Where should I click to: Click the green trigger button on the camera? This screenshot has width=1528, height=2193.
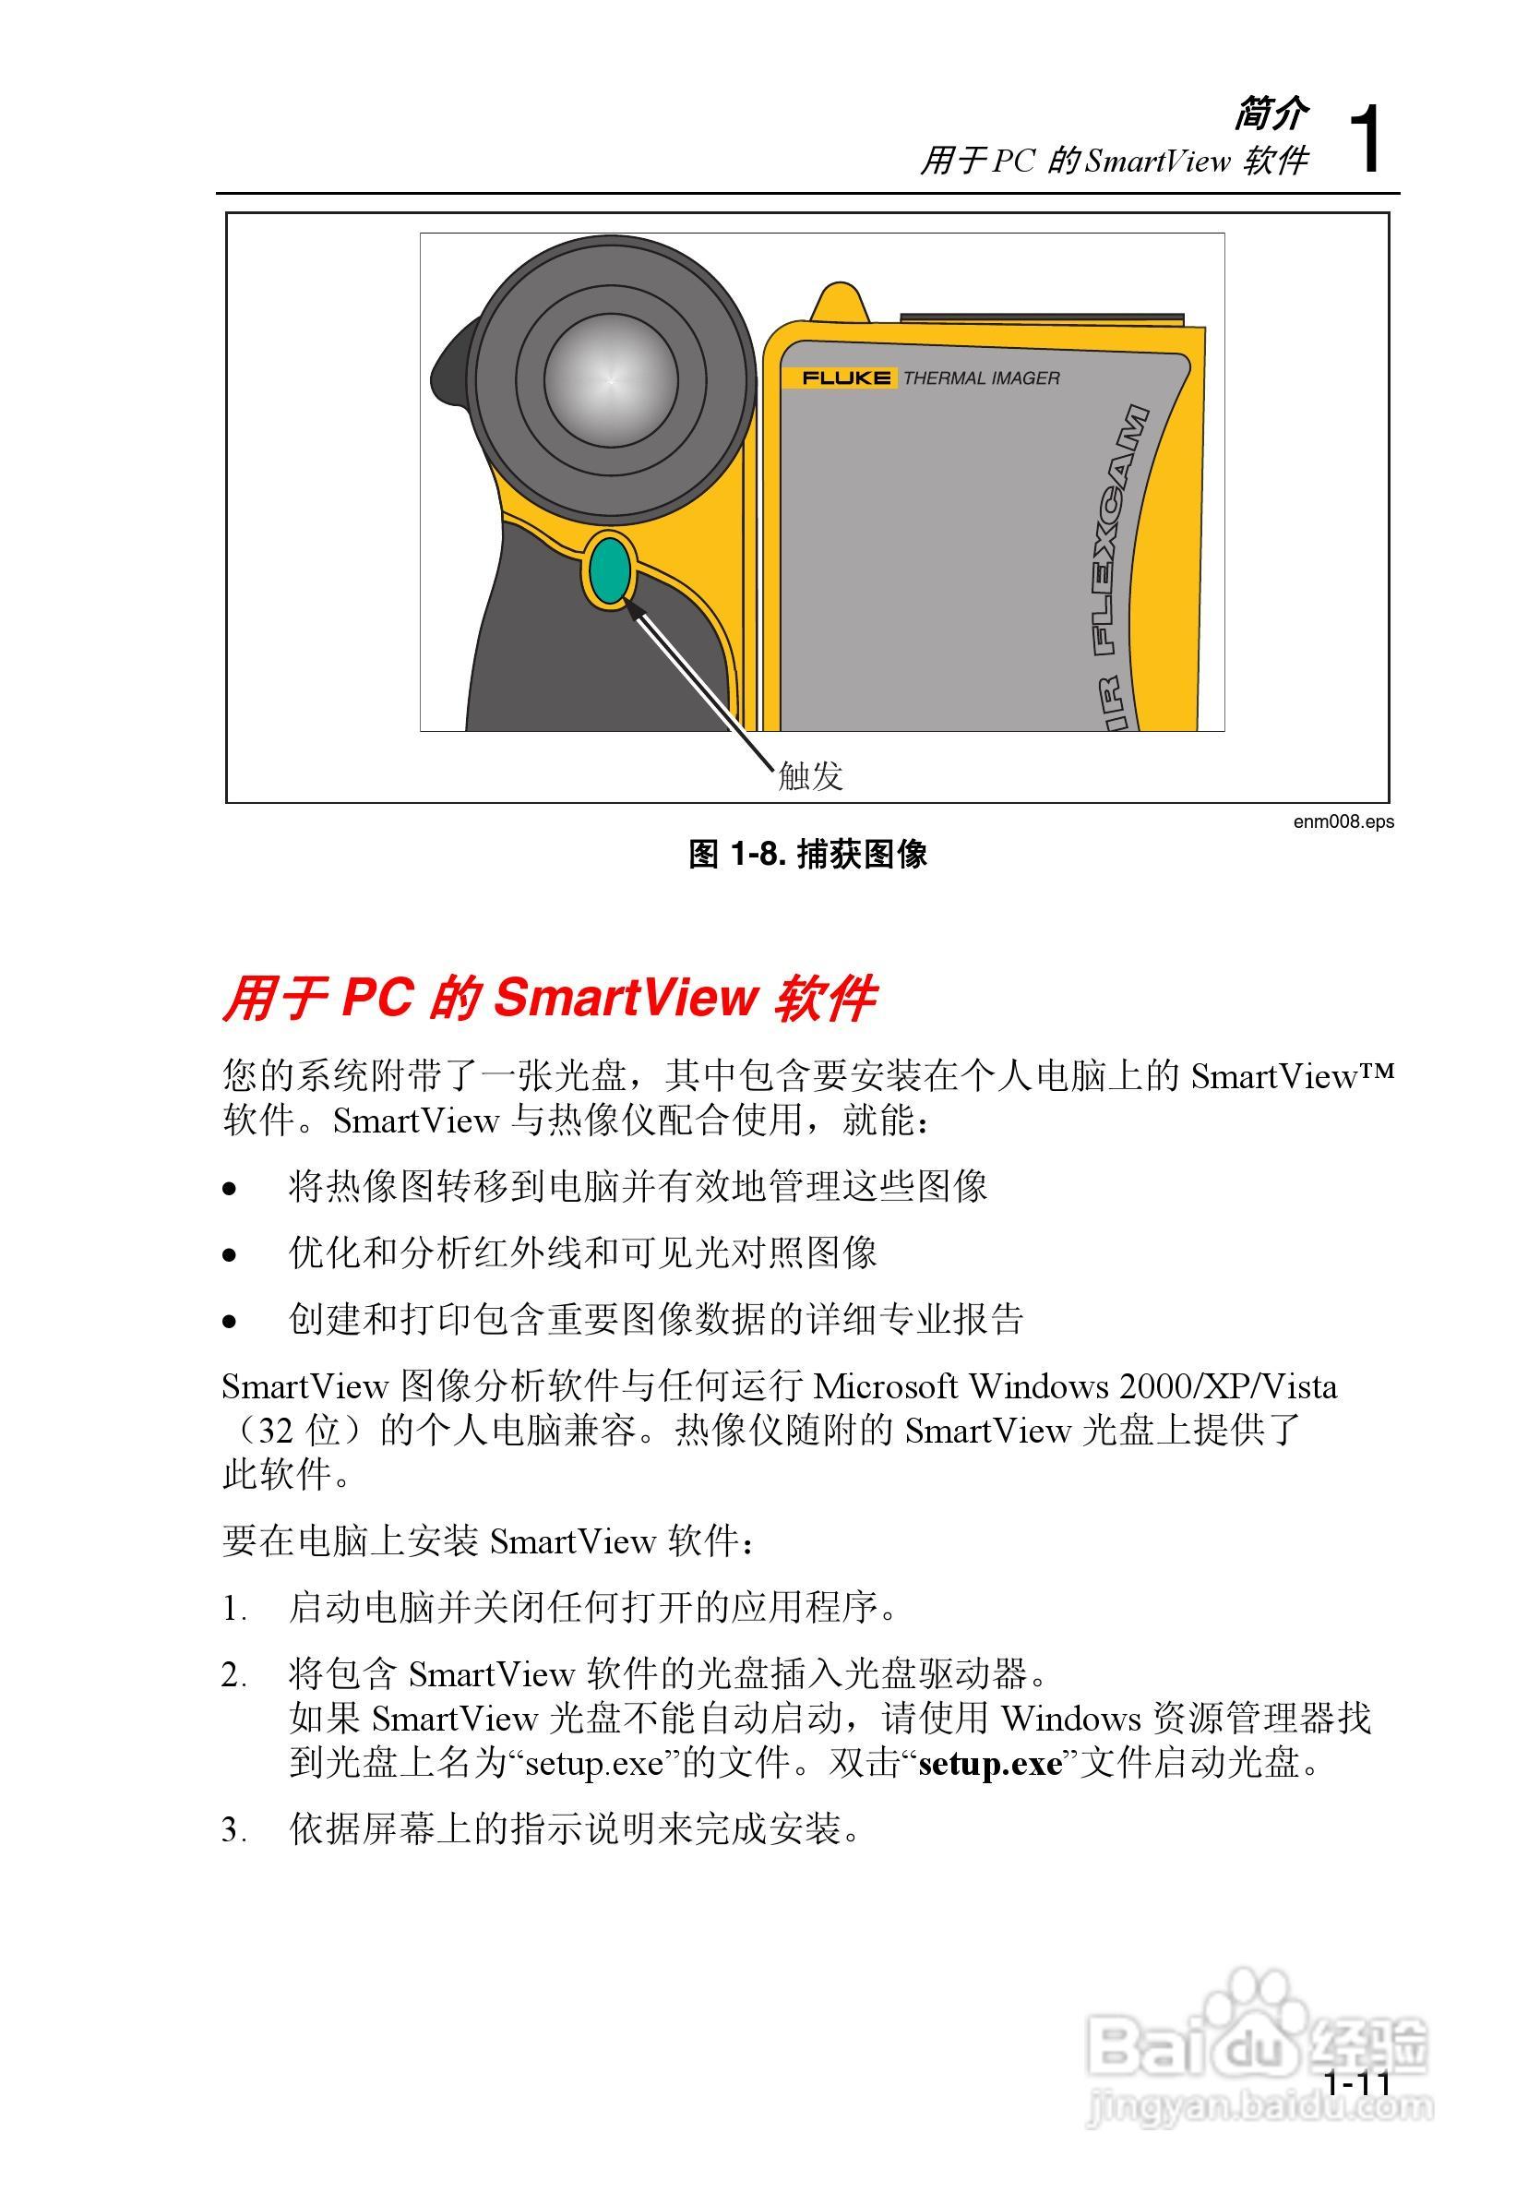point(608,570)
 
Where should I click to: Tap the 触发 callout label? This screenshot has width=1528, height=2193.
point(810,775)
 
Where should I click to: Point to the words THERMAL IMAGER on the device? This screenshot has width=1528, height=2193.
point(981,378)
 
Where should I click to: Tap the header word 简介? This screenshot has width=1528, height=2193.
point(1271,114)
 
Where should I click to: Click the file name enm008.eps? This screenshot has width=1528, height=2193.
point(1343,821)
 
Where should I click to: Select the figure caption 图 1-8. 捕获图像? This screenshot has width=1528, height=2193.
point(808,854)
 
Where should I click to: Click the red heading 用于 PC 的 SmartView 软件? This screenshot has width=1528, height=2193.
point(549,998)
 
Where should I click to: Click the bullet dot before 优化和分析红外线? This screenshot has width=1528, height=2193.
point(229,1255)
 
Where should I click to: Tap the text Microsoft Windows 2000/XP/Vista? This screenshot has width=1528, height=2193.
point(1074,1387)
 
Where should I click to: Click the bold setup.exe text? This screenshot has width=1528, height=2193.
point(989,1763)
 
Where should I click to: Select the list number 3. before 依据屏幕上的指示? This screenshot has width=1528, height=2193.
point(234,1831)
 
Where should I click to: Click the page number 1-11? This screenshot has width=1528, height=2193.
point(1357,2083)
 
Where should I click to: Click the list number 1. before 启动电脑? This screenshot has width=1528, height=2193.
point(234,1610)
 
